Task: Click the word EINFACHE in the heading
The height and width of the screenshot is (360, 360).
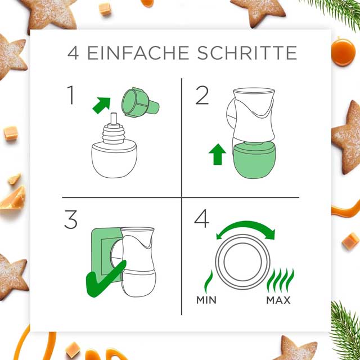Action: tap(138, 53)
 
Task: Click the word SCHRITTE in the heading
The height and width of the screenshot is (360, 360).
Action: tap(247, 53)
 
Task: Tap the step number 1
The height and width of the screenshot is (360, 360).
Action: tap(71, 95)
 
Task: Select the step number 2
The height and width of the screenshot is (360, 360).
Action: tap(202, 95)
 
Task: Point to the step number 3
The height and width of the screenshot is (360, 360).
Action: tap(71, 219)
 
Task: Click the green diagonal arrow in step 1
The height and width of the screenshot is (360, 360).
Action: tap(101, 105)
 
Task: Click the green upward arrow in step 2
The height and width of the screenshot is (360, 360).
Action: tap(217, 154)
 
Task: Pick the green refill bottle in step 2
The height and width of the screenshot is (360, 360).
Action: tap(254, 160)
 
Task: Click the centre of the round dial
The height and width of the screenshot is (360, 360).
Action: tap(242, 262)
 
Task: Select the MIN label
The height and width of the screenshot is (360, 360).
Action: tap(206, 300)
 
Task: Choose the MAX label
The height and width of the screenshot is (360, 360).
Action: tap(278, 300)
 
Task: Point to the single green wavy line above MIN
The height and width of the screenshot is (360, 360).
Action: tap(209, 281)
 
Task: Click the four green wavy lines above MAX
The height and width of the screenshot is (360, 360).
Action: tap(280, 281)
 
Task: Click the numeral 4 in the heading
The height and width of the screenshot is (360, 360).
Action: tap(73, 53)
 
